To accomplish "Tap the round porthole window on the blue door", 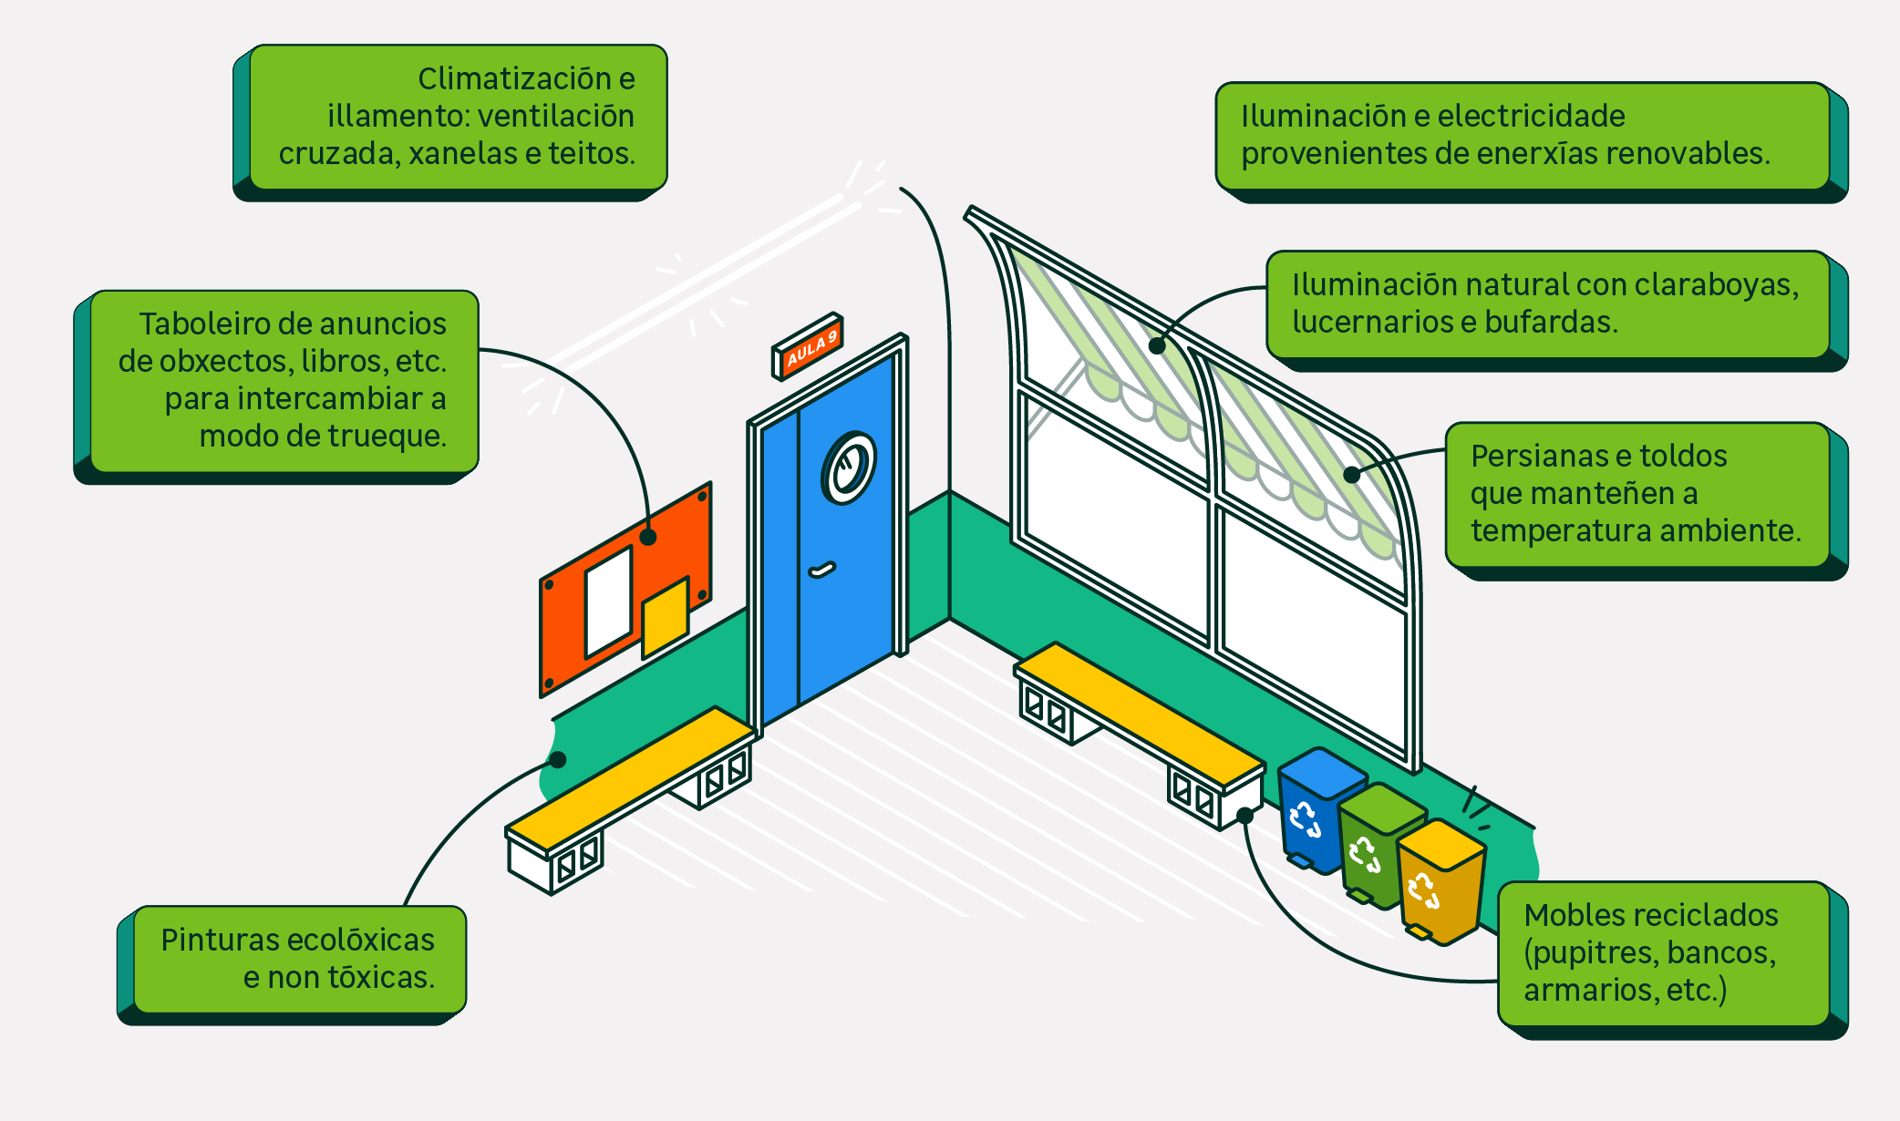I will (849, 468).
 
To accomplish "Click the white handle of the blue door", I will (822, 571).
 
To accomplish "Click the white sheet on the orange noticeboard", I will (608, 602).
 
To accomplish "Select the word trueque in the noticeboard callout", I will (389, 437).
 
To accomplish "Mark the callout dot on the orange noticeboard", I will (648, 537).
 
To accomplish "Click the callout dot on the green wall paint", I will (558, 759).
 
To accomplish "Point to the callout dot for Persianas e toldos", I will (1351, 474).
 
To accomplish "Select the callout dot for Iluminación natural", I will (1157, 345).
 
